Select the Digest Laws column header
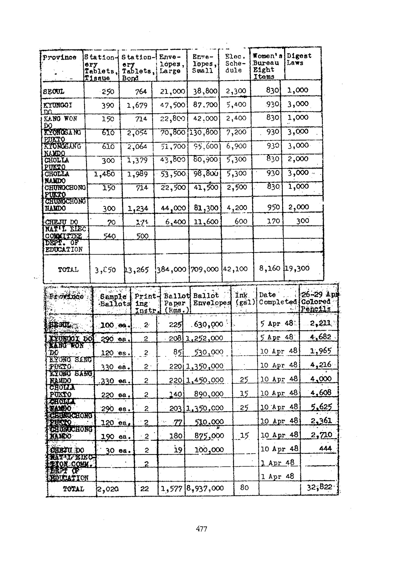pyautogui.click(x=299, y=59)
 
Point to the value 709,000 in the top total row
pyautogui.click(x=204, y=269)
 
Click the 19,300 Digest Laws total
pyautogui.click(x=297, y=268)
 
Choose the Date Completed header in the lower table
pyautogui.click(x=278, y=298)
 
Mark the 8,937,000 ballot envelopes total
pyautogui.click(x=205, y=489)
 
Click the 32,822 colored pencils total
pyautogui.click(x=319, y=487)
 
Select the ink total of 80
pyautogui.click(x=244, y=488)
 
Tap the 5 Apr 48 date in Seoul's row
pyautogui.click(x=276, y=323)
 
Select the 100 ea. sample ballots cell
pyautogui.click(x=114, y=325)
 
